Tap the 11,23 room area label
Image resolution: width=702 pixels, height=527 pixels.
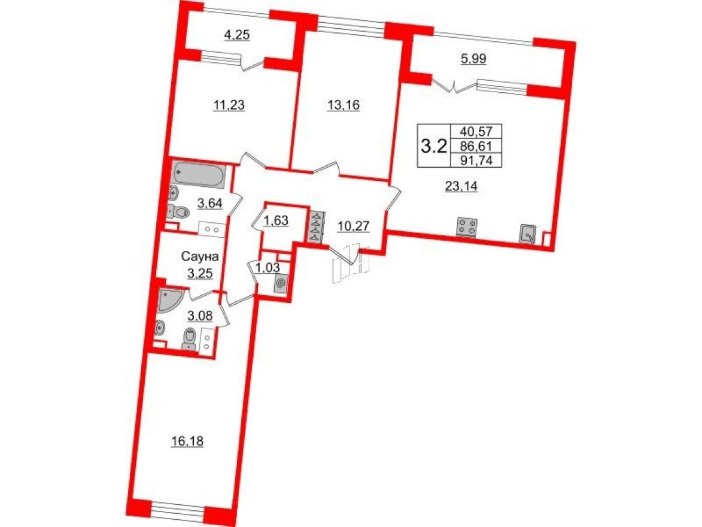coord(229,105)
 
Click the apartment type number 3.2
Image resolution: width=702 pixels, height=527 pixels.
coord(435,144)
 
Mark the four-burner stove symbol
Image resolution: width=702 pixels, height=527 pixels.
coord(467,228)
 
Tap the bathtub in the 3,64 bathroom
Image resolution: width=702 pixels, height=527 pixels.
coord(199,175)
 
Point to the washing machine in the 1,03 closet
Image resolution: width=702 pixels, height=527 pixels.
coord(279,284)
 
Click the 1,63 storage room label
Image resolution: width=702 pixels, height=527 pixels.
coord(276,220)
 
